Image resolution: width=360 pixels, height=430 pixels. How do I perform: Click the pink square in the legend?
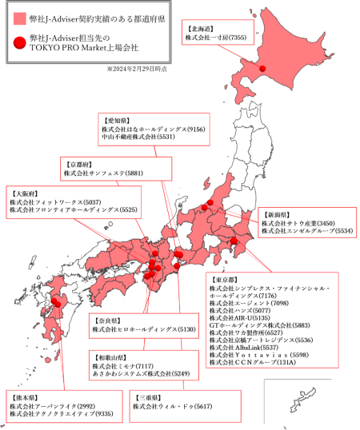tap(19, 18)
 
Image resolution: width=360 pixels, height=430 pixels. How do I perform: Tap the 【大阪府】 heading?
tap(23, 193)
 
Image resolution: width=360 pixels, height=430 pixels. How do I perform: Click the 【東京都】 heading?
tap(225, 280)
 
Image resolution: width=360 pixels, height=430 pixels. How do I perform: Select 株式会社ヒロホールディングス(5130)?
tap(144, 328)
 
